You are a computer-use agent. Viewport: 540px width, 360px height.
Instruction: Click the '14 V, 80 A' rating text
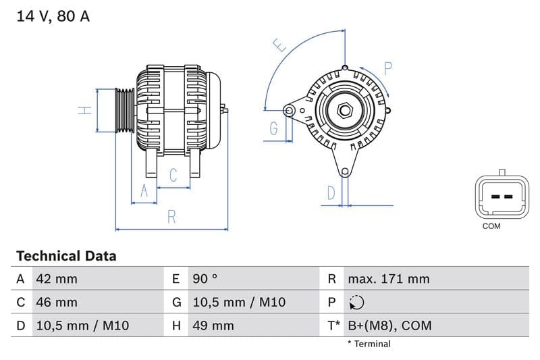coord(53,16)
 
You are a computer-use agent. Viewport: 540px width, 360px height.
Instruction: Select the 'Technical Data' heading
coord(66,256)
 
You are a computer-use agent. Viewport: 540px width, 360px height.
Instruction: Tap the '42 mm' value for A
coord(56,279)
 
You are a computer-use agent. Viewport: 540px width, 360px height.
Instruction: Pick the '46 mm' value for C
coord(56,302)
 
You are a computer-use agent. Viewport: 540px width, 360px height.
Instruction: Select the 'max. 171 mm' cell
coord(388,279)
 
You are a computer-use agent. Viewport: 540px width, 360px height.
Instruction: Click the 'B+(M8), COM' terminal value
coord(389,326)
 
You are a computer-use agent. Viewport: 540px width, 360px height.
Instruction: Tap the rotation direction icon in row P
coord(357,303)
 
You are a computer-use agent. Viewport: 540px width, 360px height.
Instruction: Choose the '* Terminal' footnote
coord(369,344)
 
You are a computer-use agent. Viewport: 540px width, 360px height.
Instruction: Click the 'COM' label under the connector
coord(491,226)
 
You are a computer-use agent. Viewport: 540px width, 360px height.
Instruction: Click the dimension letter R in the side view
coord(172,217)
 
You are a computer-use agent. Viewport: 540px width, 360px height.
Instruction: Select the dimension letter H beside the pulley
coord(84,110)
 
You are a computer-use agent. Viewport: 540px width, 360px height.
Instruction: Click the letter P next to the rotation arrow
coord(388,68)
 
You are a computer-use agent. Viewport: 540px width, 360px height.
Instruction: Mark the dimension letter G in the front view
coord(273,128)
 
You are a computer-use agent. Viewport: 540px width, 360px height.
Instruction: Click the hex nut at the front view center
coord(344,109)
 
